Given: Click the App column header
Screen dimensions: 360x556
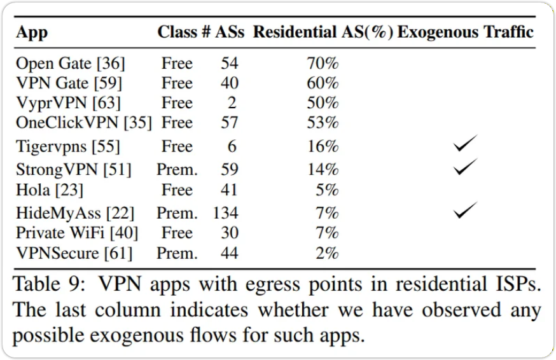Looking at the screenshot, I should click(x=32, y=32).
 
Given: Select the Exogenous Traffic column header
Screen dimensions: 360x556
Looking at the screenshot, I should click(x=466, y=32).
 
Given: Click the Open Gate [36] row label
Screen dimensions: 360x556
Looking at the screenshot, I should click(x=71, y=64).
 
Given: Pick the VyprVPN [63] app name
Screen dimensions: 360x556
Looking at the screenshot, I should click(x=69, y=102).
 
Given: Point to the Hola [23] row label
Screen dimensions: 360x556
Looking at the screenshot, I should click(x=50, y=190).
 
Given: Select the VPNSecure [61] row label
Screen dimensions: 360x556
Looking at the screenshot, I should click(x=74, y=253).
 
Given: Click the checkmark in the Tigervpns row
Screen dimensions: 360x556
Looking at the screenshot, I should click(x=465, y=146).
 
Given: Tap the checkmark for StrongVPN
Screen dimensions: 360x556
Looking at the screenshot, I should click(x=465, y=168).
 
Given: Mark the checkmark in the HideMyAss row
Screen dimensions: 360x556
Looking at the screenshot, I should click(x=465, y=211).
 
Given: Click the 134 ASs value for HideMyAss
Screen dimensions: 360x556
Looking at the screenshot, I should click(x=225, y=212).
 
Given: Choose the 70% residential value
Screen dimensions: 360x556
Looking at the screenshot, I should click(x=323, y=64).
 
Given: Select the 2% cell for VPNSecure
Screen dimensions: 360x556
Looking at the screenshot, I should click(x=326, y=253).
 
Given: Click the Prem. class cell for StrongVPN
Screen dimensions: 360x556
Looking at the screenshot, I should click(x=177, y=170).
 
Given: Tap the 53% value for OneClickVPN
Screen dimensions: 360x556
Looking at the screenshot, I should click(x=323, y=122).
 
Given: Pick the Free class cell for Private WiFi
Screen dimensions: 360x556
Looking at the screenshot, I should click(x=177, y=233).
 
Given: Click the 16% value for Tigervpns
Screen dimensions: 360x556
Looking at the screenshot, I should click(x=323, y=147).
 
